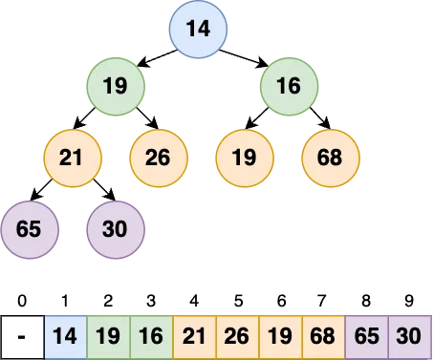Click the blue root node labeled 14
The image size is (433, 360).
[199, 28]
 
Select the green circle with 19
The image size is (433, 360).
[115, 87]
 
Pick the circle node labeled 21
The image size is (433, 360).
[72, 157]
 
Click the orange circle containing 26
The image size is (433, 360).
[158, 157]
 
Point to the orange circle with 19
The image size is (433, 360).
[244, 157]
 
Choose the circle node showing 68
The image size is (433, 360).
[330, 157]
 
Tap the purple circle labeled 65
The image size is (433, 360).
[29, 229]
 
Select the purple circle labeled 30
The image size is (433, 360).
[115, 229]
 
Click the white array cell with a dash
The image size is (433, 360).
[22, 337]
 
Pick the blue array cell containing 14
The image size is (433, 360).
[65, 337]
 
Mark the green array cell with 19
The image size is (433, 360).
[108, 337]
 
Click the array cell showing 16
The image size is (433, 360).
[151, 337]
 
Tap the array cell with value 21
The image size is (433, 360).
[194, 337]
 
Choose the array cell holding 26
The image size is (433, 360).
[237, 337]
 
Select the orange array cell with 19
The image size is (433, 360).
[280, 337]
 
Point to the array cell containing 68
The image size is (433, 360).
[323, 337]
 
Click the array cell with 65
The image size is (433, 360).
[366, 337]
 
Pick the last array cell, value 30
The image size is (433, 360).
[409, 337]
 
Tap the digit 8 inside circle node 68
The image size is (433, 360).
[336, 157]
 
